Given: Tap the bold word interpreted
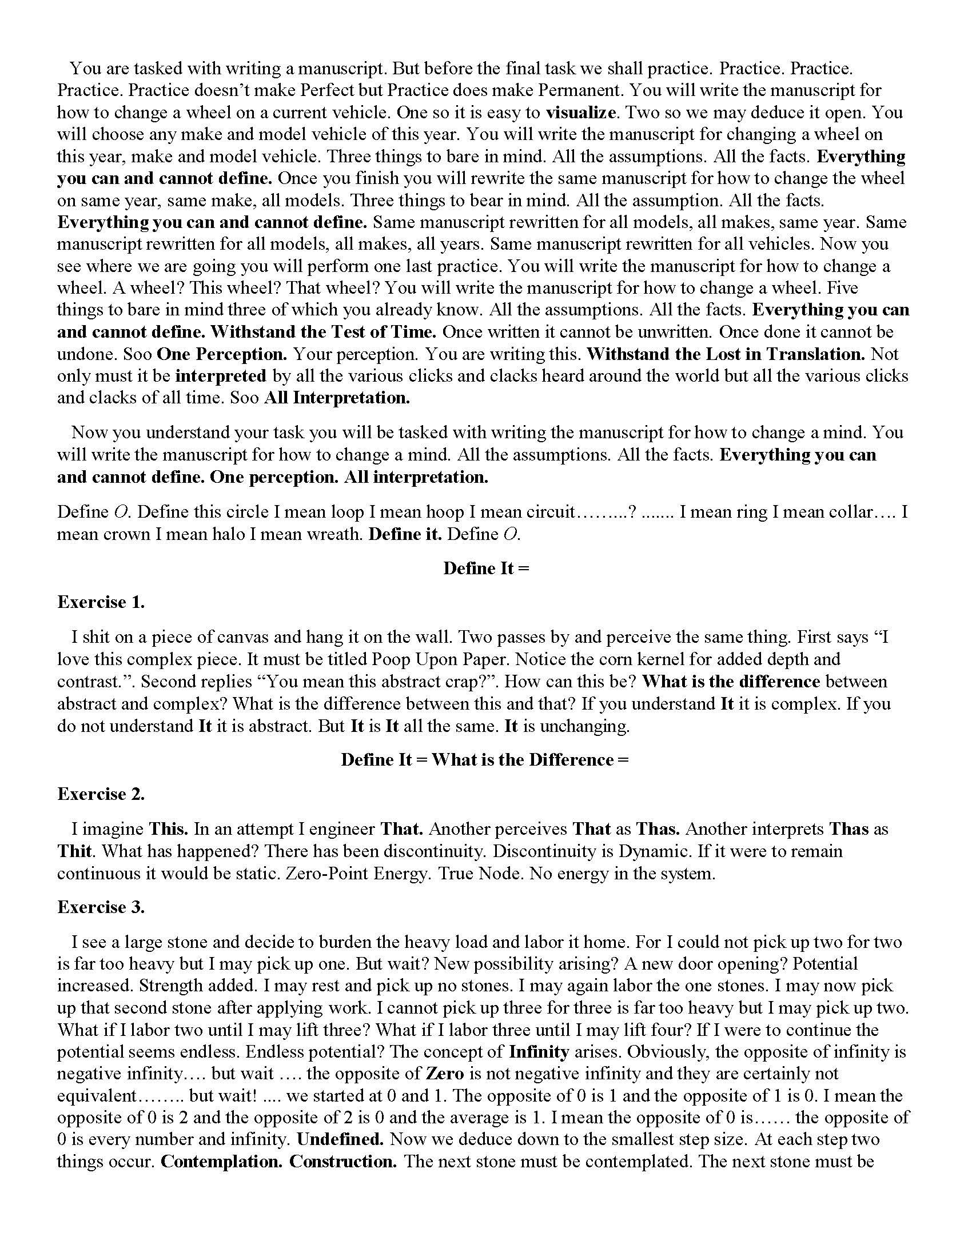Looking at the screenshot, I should point(221,376).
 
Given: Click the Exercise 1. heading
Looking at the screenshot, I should point(101,602).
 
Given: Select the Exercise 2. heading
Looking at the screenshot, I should point(101,794).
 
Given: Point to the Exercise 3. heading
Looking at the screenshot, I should point(101,907).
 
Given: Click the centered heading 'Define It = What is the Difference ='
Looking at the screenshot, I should point(485,760).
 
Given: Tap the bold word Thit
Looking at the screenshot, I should point(75,851).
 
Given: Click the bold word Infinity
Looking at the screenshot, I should point(539,1052).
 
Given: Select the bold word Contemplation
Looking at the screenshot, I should point(222,1162).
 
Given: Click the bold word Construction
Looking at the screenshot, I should point(342,1162).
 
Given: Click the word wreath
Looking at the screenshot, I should point(334,534).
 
